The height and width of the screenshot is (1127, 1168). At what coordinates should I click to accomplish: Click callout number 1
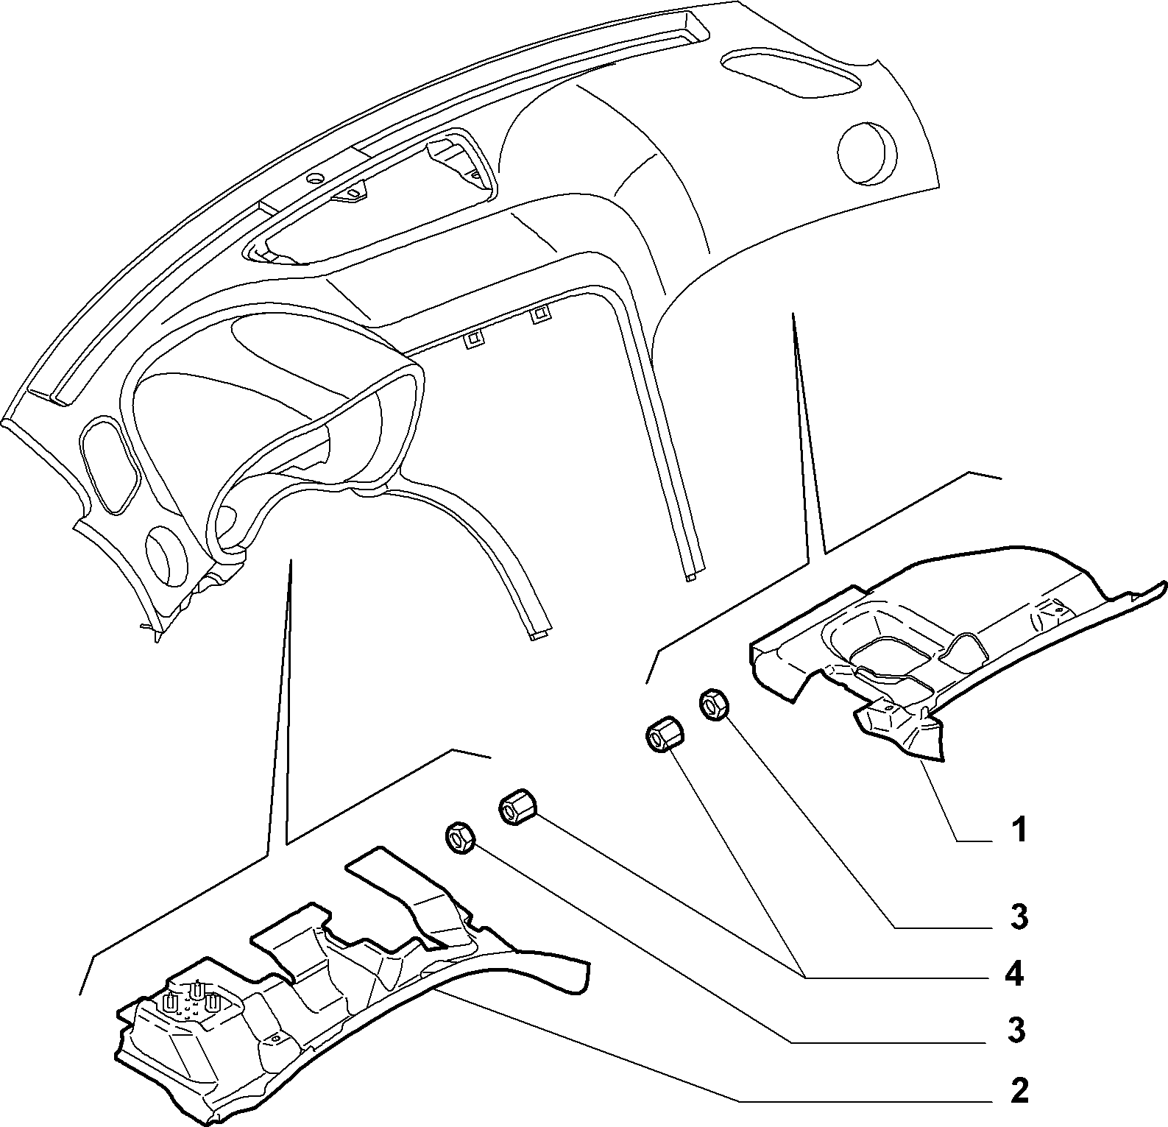(1018, 831)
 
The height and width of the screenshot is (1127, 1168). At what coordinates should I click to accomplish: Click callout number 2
(1019, 1091)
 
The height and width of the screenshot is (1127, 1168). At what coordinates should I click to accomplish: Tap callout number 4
(1014, 975)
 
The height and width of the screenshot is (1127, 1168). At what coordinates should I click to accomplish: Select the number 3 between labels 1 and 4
(1019, 916)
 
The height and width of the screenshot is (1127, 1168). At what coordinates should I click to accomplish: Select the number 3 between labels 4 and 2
(1016, 1031)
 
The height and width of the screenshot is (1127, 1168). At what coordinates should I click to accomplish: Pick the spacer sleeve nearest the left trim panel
(517, 807)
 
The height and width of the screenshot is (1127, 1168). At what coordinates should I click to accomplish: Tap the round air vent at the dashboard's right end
(867, 152)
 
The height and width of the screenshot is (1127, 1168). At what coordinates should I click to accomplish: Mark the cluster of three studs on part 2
(191, 1000)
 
